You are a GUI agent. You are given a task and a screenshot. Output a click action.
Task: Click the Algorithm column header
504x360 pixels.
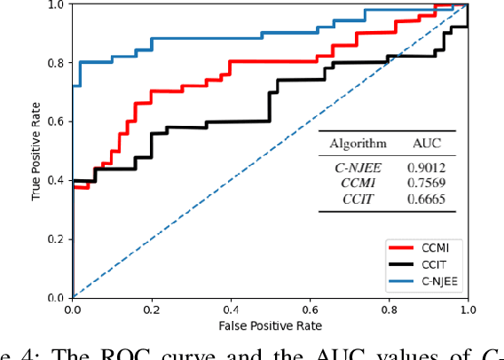358,143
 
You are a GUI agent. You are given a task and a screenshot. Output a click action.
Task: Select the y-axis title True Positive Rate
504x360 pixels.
38,150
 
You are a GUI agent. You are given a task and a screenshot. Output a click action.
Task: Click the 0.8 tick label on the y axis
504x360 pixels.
56,63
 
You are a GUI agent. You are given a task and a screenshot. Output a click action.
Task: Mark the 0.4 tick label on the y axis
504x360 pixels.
56,180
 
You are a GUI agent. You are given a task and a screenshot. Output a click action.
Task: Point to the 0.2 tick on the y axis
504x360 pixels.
56,239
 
